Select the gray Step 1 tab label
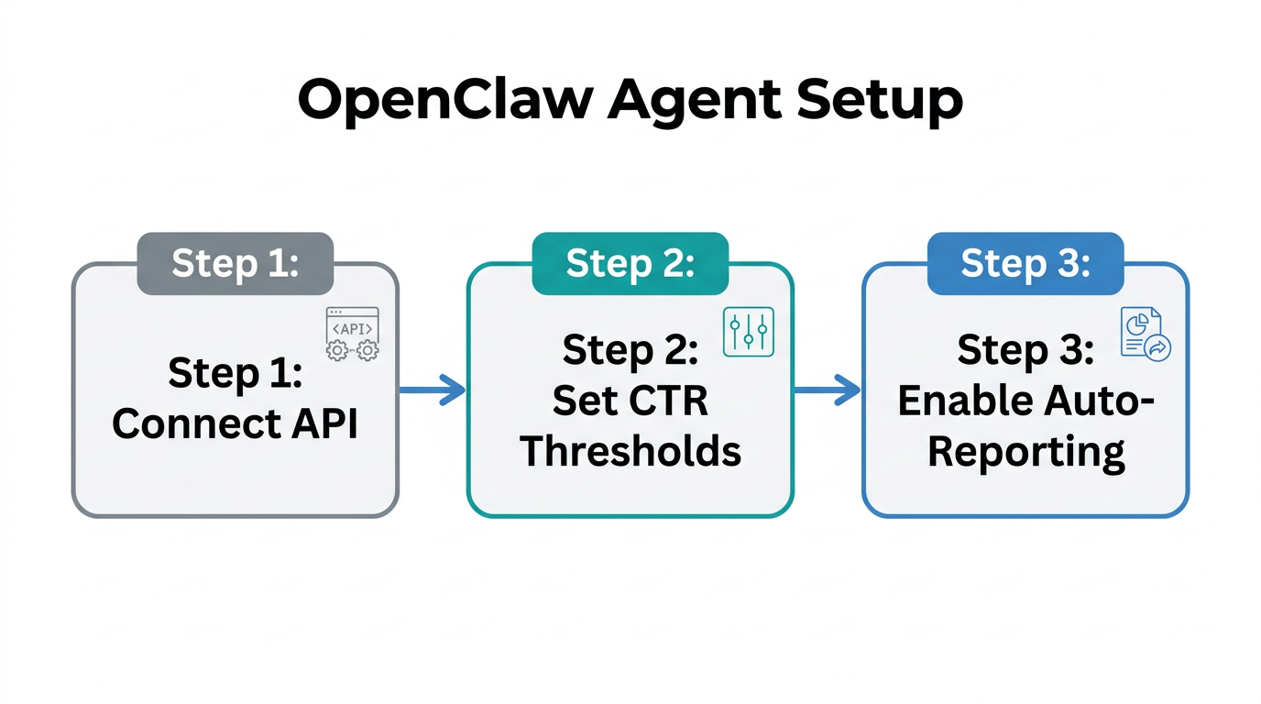point(235,263)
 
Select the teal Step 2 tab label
point(630,263)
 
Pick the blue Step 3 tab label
point(1025,263)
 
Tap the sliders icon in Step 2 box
point(748,333)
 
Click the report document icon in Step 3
point(1145,334)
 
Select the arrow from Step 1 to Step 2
point(433,390)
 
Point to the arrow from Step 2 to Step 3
point(827,390)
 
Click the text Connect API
point(235,423)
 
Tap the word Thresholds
point(630,451)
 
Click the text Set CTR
point(630,401)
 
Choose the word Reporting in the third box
point(1025,451)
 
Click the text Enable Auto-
point(1025,401)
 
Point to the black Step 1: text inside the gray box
point(235,373)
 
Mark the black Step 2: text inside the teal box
point(630,350)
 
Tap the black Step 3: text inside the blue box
point(1025,350)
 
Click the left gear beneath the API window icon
point(337,349)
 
